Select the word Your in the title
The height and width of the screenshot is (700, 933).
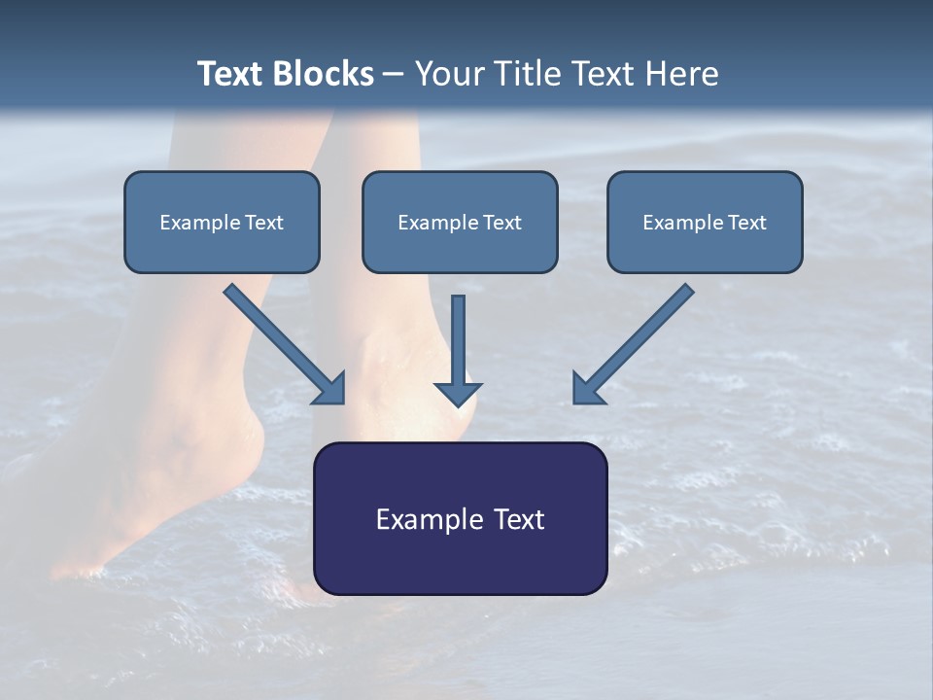pyautogui.click(x=450, y=74)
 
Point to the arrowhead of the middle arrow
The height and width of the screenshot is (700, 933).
pyautogui.click(x=458, y=394)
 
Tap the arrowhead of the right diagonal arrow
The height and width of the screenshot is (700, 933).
pyautogui.click(x=586, y=389)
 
